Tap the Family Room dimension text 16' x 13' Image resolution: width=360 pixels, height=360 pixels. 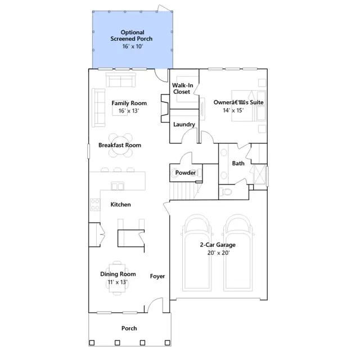point(129,111)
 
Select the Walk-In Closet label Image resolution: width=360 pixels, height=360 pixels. point(182,89)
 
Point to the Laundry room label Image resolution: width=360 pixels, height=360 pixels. point(184,124)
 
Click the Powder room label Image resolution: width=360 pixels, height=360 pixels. point(186,173)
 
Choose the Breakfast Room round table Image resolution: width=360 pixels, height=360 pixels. point(120,145)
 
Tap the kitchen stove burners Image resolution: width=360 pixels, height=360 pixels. point(95,205)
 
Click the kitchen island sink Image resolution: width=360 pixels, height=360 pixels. point(118,186)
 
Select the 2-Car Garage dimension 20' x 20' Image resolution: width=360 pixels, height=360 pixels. point(218,253)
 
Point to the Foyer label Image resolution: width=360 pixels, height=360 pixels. point(157,276)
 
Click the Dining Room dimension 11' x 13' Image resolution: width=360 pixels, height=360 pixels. point(118,282)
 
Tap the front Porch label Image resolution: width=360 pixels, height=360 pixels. point(129,328)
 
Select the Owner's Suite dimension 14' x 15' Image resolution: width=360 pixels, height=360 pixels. point(233,110)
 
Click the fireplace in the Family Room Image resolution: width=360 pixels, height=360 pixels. point(165,108)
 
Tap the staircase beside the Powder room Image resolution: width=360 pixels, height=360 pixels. point(183,191)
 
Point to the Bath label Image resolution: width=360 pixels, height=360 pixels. point(238,164)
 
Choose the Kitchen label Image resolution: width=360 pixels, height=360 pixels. point(120,205)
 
